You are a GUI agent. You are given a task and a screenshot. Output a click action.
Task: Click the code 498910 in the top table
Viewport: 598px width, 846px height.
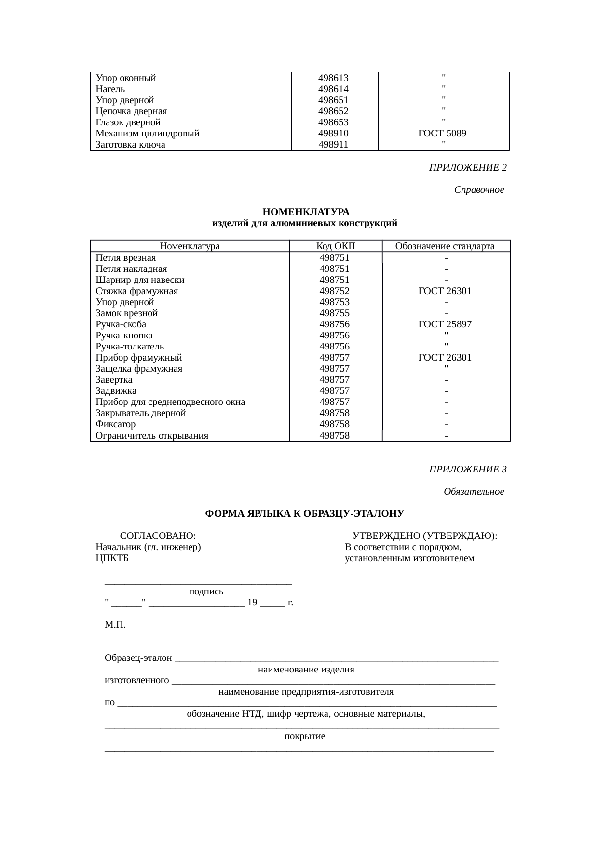[x=333, y=134]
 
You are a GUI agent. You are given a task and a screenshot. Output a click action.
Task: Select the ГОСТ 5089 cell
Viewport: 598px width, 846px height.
[x=442, y=134]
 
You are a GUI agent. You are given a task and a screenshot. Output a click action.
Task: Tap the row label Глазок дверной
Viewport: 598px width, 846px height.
[x=128, y=122]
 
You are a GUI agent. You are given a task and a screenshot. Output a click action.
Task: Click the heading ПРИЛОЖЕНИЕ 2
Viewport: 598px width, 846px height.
[x=467, y=168]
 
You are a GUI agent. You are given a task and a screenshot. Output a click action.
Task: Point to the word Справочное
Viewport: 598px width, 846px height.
[x=479, y=190]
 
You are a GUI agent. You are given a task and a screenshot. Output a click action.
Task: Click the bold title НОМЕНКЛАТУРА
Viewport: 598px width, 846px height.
[x=306, y=212]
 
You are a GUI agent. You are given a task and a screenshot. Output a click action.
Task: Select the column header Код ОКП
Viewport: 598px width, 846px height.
[x=336, y=246]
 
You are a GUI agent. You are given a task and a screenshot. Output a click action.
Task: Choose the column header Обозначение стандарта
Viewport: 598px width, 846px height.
[x=445, y=246]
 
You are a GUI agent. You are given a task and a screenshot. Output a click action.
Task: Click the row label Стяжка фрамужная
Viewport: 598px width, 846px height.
[x=136, y=291]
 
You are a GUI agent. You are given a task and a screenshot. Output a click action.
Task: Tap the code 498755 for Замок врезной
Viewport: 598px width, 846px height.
[x=334, y=313]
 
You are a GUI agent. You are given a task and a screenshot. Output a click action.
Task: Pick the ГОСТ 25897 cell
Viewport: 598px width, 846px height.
[x=445, y=324]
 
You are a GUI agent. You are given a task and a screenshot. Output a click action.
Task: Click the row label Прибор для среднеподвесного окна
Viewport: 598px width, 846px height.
[x=170, y=402]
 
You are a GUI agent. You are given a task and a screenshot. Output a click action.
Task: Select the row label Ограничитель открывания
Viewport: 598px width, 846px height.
[x=152, y=436]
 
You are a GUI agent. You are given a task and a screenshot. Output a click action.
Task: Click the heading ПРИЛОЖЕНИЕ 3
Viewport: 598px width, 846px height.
[x=467, y=470]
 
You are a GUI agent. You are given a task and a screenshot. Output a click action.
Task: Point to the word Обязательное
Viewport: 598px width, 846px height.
[x=474, y=492]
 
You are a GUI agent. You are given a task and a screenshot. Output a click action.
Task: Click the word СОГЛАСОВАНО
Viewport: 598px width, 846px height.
[x=158, y=536]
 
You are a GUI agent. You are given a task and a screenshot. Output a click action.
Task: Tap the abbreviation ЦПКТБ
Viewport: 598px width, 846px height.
[x=112, y=558]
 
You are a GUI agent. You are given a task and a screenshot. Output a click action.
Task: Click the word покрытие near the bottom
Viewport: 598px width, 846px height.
[x=304, y=737]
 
